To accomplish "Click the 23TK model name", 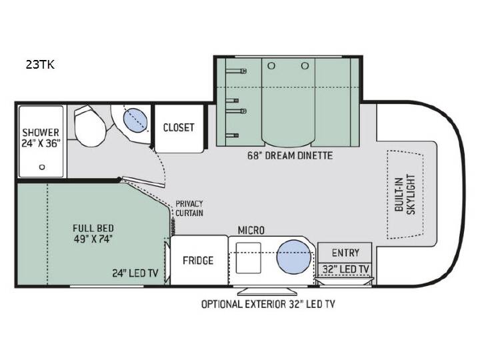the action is (x=40, y=65).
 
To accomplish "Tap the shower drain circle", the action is (x=42, y=167).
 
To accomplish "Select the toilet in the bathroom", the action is (x=89, y=125).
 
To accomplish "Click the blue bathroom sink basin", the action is (x=135, y=121).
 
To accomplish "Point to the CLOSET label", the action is (x=179, y=127).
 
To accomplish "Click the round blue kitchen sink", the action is (x=294, y=257).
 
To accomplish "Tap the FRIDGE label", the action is (x=198, y=261).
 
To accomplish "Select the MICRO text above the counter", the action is (x=251, y=230).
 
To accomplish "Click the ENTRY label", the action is (x=345, y=253).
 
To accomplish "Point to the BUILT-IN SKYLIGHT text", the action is (x=405, y=195).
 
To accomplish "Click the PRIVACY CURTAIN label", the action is (x=189, y=209).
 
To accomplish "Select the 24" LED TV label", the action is (x=135, y=273).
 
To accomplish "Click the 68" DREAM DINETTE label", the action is (x=290, y=155).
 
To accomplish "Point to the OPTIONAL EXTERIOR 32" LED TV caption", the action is (x=268, y=304).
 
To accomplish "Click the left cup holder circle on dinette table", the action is (x=271, y=65).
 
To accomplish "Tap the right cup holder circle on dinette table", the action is (x=305, y=65).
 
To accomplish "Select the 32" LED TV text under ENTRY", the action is (x=345, y=269).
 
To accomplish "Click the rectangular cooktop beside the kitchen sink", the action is (x=249, y=258).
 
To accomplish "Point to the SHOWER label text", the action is (x=41, y=133).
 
